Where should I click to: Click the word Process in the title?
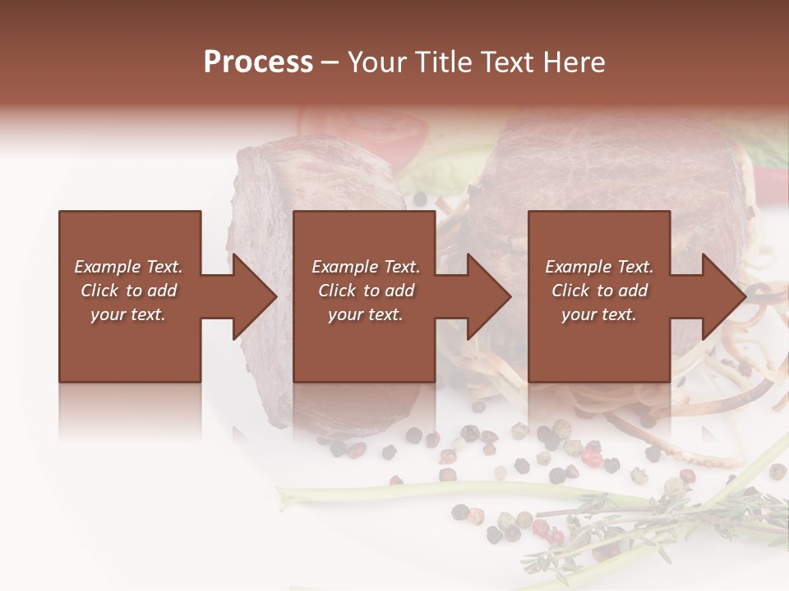258,62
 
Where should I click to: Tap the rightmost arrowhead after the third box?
722,296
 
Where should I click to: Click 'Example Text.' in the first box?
128,267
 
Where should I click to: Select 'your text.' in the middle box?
365,314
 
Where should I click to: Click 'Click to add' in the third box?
599,291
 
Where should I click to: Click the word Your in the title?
377,62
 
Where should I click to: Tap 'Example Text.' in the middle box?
365,267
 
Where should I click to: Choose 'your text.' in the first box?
128,314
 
